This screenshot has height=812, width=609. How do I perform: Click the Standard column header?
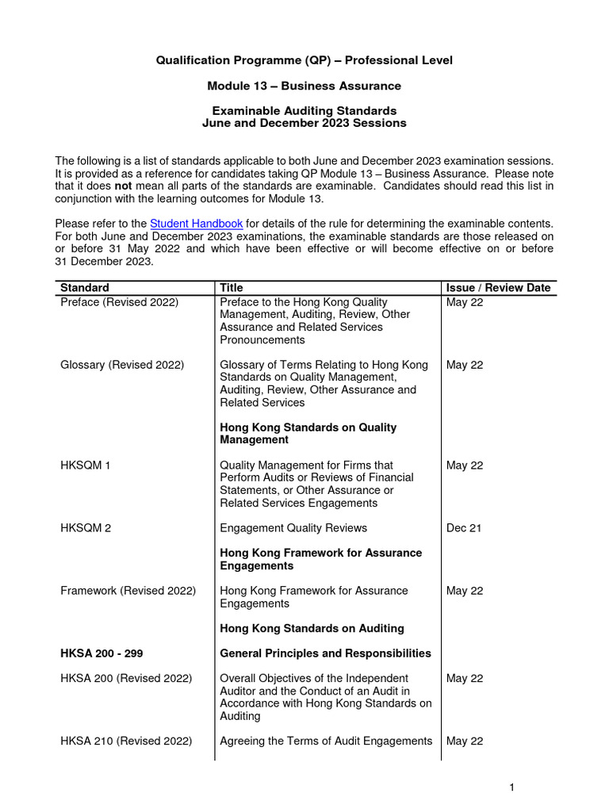click(x=85, y=288)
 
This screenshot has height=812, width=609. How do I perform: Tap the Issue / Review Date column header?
click(x=498, y=288)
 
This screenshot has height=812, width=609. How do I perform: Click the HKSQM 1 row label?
click(x=86, y=465)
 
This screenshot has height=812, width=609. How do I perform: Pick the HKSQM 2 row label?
click(x=86, y=528)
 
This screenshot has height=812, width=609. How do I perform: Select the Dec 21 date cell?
click(x=464, y=528)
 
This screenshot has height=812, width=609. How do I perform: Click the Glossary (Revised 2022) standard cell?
click(x=122, y=365)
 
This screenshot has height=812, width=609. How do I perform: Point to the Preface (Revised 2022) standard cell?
click(x=120, y=302)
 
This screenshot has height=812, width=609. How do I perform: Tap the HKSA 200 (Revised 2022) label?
click(x=126, y=679)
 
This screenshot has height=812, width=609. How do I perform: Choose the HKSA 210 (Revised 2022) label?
click(x=126, y=741)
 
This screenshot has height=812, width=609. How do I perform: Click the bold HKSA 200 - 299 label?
click(x=101, y=653)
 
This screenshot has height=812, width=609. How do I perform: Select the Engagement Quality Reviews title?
click(x=293, y=528)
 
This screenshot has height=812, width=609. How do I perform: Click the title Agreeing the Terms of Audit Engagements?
click(x=326, y=741)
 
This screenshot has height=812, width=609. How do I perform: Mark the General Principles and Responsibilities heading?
click(x=325, y=653)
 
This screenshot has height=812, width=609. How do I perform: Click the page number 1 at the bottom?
click(x=512, y=787)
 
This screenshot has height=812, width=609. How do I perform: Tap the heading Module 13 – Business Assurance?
click(x=304, y=86)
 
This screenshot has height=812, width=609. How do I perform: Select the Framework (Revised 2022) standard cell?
click(x=128, y=591)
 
